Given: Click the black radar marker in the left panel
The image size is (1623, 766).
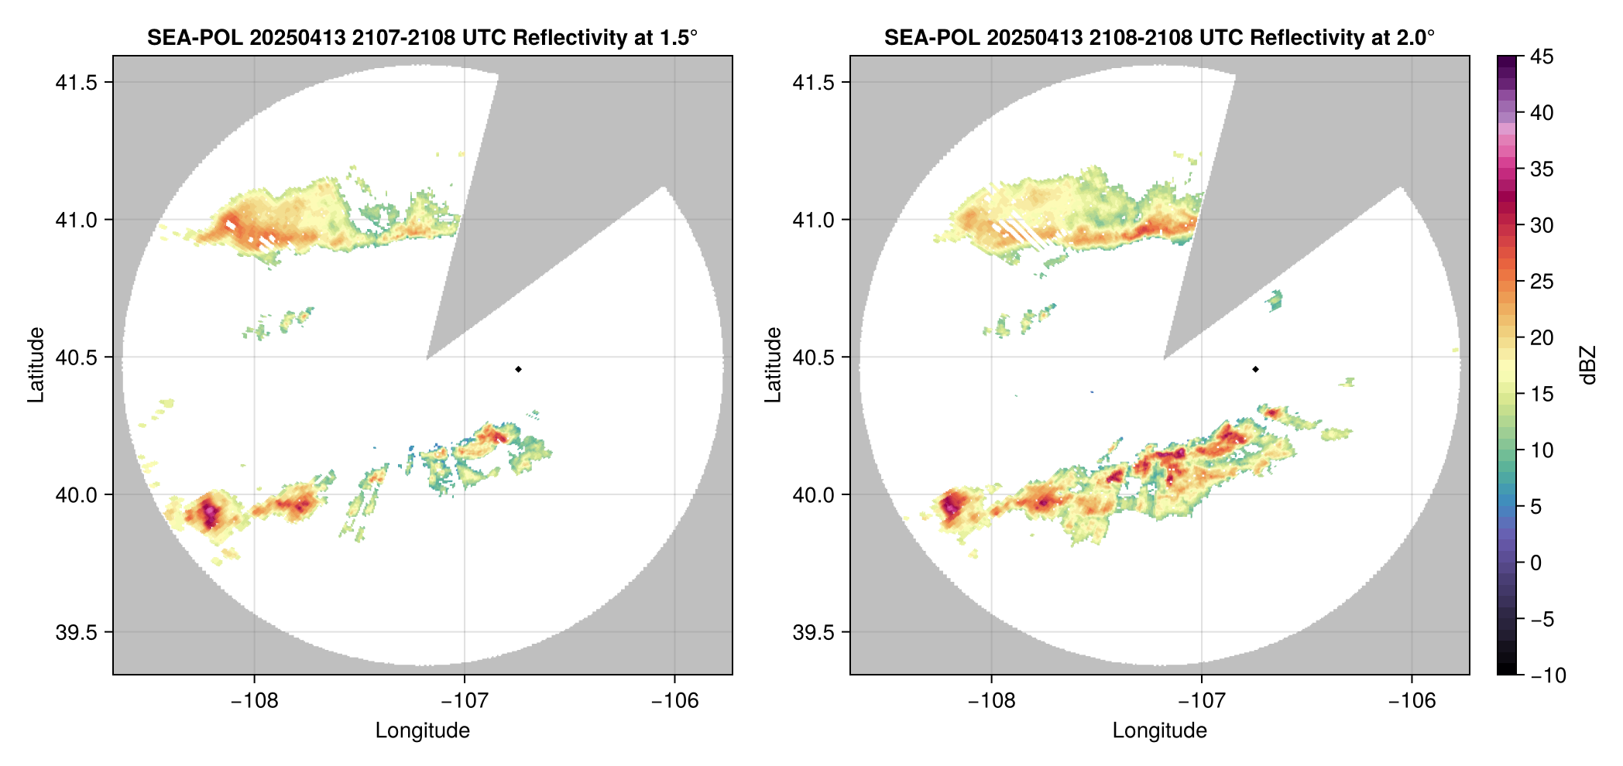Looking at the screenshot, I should pos(518,369).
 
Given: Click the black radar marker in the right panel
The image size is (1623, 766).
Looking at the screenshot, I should pos(1255,369).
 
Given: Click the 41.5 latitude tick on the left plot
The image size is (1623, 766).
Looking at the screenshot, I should pos(77,83).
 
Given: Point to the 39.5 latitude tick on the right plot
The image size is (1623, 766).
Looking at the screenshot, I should pos(814,632).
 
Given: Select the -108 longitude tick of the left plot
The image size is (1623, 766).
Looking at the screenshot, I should pos(255,700).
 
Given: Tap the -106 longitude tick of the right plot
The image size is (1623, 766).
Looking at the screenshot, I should pos(1412,700).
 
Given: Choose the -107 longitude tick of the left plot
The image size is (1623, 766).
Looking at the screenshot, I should pos(465,700).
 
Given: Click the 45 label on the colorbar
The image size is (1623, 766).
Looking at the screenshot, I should pos(1541,56).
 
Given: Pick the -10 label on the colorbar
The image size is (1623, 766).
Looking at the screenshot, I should pos(1548,675).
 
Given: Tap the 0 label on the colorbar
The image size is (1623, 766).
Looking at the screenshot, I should pos(1536,563).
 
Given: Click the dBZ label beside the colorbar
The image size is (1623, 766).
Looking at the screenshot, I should pos(1588,365).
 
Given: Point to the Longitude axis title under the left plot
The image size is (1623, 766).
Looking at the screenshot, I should pos(423,730).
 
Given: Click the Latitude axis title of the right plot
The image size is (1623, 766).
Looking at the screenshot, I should pos(773,365).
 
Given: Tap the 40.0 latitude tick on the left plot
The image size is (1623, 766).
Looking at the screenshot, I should pos(77,494).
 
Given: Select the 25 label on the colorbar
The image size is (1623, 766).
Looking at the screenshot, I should pos(1541,282).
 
